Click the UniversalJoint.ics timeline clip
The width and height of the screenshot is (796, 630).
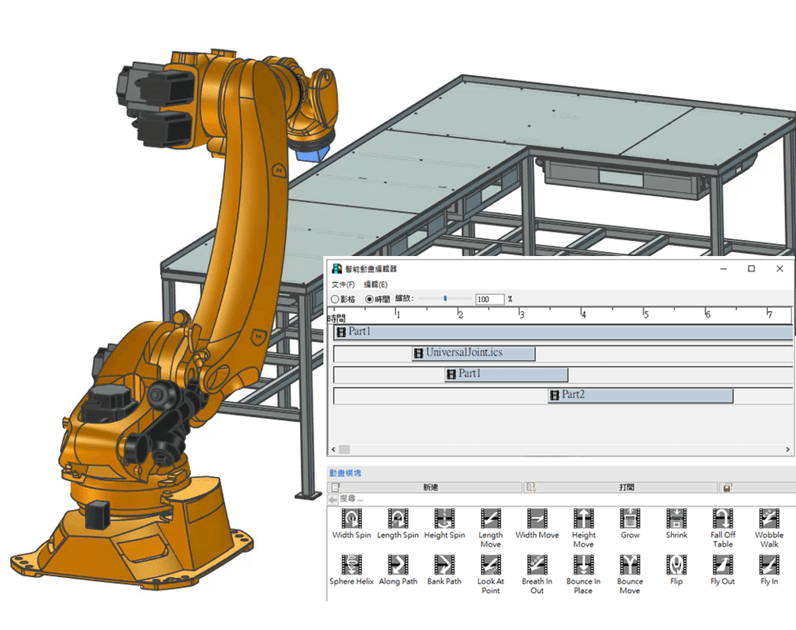473,353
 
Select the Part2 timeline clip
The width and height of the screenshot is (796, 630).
640,396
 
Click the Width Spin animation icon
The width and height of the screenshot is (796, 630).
352,518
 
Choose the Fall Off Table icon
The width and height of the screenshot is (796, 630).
722,518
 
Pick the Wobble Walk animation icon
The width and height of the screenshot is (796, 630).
769,518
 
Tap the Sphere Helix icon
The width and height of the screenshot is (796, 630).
352,565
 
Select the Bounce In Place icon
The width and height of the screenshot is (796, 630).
583,565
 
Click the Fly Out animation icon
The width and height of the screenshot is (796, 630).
722,565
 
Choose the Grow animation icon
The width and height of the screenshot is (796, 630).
630,518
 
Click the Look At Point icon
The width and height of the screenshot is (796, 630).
490,565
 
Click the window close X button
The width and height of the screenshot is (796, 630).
780,269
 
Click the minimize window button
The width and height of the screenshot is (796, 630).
723,269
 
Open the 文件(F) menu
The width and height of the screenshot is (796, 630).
343,284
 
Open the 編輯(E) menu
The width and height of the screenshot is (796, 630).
375,284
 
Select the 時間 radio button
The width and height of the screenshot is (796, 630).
369,299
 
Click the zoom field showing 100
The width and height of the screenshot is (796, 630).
489,299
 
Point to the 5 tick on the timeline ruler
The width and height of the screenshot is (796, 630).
645,313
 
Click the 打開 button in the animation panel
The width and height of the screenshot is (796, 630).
626,487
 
